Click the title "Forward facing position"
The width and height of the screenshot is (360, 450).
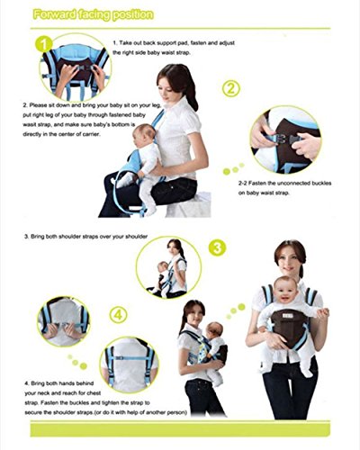[x=93, y=15]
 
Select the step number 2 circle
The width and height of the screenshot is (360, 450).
[x=230, y=88]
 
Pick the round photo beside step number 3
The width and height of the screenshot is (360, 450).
[x=168, y=268]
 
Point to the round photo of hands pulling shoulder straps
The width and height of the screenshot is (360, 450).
[x=63, y=321]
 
